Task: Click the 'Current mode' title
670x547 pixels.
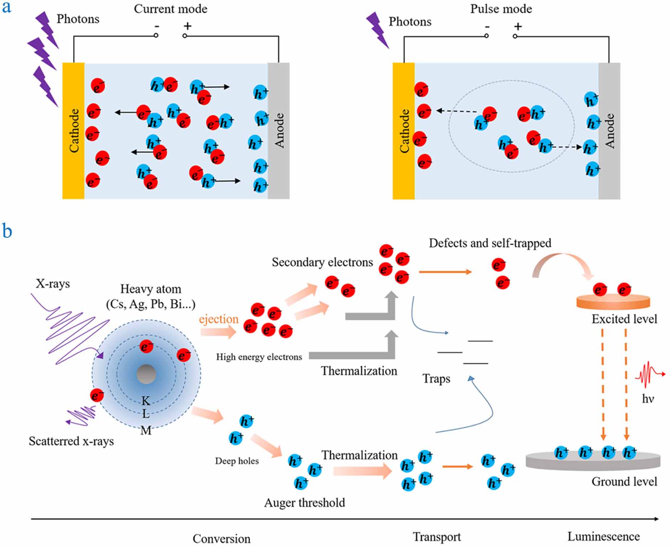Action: point(170,9)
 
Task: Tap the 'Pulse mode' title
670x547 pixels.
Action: point(501,9)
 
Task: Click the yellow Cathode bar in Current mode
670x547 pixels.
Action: point(74,131)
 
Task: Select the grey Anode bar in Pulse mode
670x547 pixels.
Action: point(609,131)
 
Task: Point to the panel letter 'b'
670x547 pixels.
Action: point(7,231)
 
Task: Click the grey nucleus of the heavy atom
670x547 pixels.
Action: point(146,374)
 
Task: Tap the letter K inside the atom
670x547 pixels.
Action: point(146,401)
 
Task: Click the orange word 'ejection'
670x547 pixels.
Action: point(219,319)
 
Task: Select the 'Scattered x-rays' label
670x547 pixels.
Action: point(71,441)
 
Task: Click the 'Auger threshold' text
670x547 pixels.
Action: point(304,503)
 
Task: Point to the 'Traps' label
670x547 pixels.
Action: point(436,379)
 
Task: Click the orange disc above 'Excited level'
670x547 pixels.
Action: point(613,302)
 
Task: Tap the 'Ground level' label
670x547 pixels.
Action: point(624,482)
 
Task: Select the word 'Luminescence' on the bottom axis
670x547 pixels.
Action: point(603,536)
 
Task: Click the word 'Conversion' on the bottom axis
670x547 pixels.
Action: point(221,539)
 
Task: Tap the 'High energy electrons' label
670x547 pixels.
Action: point(259,357)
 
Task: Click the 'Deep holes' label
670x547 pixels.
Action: point(237,461)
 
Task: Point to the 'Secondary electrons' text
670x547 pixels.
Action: point(322,262)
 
